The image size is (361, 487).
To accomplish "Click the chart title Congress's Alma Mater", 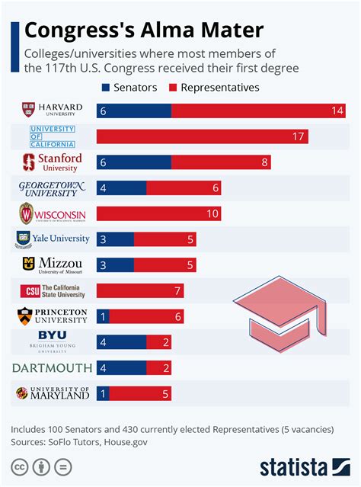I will tap(145, 30).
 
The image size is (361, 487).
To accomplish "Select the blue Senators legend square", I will tap(105, 88).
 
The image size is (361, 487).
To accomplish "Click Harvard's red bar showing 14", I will tap(259, 111).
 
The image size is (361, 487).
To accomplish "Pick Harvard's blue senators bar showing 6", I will tap(134, 111).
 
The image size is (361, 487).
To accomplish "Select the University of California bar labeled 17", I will tap(203, 136).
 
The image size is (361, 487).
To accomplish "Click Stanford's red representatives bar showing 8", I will tap(221, 162).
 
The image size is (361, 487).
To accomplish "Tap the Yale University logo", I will tap(53, 239).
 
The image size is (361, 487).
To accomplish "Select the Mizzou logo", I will tap(53, 265).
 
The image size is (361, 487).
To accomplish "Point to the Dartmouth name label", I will tap(53, 368).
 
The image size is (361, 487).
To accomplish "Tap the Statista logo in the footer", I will tap(304, 466).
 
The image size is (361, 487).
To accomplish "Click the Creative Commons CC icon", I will tap(20, 466).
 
